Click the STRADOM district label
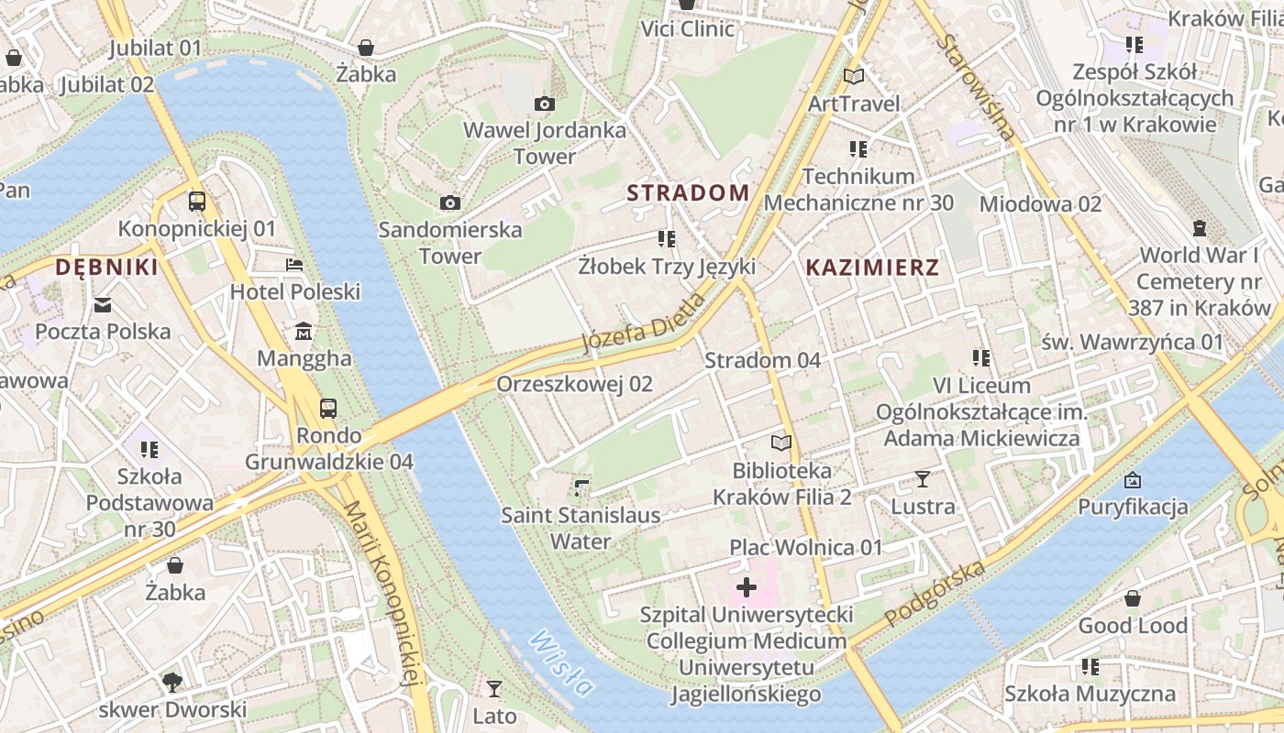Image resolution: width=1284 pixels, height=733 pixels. (688, 192)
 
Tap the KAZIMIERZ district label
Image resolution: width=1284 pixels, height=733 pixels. (872, 268)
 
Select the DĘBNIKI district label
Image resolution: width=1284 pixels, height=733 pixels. (106, 268)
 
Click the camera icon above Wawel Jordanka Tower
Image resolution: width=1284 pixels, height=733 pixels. (544, 104)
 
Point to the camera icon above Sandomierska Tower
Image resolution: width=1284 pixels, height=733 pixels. (450, 203)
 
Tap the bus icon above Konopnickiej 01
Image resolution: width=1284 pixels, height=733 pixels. (196, 202)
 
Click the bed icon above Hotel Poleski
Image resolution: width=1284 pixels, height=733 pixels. (293, 266)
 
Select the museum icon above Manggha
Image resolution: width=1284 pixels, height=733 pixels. (304, 332)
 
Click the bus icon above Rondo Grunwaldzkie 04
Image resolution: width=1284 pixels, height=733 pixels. (327, 409)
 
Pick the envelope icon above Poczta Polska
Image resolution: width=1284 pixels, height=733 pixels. (103, 305)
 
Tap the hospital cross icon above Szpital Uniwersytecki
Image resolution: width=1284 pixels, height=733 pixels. (747, 586)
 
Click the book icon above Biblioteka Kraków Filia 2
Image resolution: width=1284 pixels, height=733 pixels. (781, 443)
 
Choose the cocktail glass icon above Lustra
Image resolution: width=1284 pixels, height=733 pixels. (923, 479)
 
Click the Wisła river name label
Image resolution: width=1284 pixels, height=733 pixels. (561, 662)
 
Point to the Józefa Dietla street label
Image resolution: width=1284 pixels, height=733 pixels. (644, 323)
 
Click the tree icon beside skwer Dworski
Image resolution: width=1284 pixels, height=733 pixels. (172, 683)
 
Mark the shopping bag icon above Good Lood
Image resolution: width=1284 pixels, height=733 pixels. (1133, 599)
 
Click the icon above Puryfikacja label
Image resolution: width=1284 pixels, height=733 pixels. (1133, 480)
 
